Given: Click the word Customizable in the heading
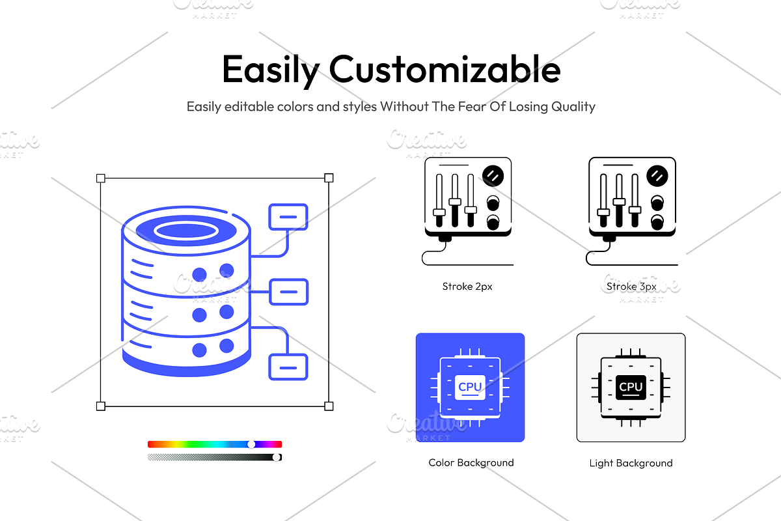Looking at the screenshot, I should (x=445, y=69).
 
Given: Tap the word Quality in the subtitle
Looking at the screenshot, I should (x=571, y=106).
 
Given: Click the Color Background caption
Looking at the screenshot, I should (x=471, y=463).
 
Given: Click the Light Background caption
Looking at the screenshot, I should (x=631, y=464).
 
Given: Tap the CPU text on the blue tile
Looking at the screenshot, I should (x=470, y=387).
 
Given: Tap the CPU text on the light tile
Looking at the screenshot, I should (x=631, y=387).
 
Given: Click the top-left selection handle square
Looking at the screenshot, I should (x=100, y=178).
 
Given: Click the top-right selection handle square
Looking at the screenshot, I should (x=329, y=178).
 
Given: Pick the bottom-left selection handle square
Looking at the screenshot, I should (x=100, y=406).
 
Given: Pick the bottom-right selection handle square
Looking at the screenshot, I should (x=329, y=406).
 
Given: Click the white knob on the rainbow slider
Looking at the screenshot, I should (x=252, y=444).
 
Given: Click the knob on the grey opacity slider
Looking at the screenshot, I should (x=277, y=457).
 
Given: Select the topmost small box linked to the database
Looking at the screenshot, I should (x=288, y=217).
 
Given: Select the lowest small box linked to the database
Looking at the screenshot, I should (x=288, y=367).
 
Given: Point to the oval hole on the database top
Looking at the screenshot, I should (x=185, y=230).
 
